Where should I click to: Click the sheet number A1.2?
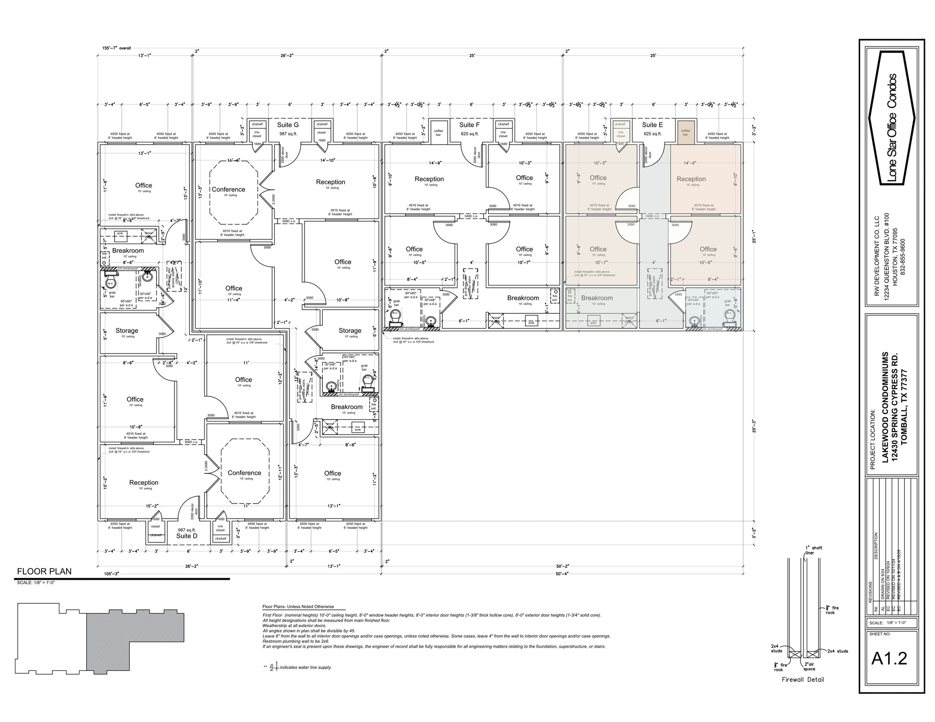889,658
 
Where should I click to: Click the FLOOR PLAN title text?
44,571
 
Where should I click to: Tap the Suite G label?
288,125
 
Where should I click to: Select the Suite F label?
469,125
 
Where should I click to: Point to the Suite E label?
652,125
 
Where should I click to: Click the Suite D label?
187,536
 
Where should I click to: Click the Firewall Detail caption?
803,680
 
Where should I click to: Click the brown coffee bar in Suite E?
686,132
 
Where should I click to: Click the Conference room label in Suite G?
228,189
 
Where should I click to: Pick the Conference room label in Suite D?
244,473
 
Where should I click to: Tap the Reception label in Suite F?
429,179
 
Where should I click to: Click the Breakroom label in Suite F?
523,298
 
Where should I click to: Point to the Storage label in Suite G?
350,331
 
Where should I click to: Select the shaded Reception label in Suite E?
691,179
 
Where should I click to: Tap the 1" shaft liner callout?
814,550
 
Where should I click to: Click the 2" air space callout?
809,666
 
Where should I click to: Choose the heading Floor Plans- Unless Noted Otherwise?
298,607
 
